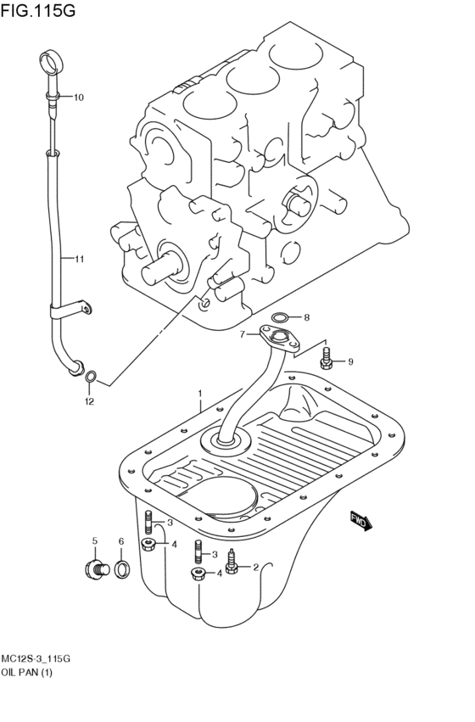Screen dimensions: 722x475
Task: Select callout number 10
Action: (x=78, y=98)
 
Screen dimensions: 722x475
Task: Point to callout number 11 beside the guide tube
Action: (x=78, y=259)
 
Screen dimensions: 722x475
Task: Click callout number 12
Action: (x=88, y=400)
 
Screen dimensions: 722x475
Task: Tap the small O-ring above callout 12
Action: (x=92, y=376)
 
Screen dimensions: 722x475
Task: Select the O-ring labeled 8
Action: (x=279, y=318)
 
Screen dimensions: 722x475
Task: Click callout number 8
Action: (x=306, y=318)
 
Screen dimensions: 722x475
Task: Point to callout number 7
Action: (x=242, y=334)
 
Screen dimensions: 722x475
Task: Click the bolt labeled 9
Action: (x=327, y=361)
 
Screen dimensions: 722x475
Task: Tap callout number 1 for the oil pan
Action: (x=200, y=394)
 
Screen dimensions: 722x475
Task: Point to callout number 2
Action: (x=255, y=568)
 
